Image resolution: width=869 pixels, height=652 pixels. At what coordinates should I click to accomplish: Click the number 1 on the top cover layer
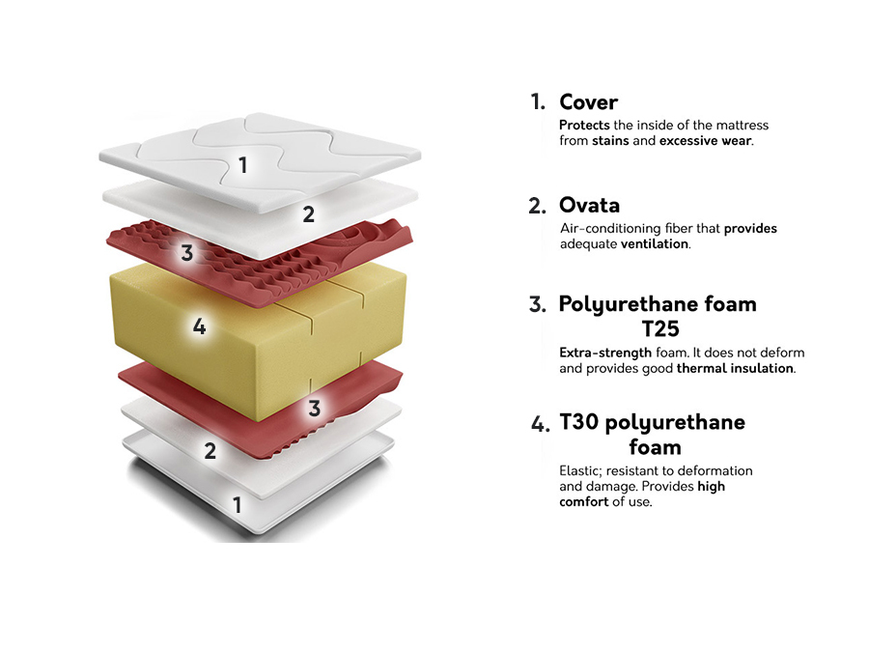pyautogui.click(x=243, y=165)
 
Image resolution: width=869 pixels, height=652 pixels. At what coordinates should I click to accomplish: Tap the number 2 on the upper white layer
pyautogui.click(x=308, y=214)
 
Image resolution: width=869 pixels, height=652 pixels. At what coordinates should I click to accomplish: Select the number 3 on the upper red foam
pyautogui.click(x=187, y=254)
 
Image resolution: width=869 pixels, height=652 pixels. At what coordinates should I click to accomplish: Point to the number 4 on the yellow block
pyautogui.click(x=199, y=326)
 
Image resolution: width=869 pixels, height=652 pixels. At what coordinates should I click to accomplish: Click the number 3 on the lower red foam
pyautogui.click(x=314, y=409)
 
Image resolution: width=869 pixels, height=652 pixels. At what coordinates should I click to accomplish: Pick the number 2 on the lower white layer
pyautogui.click(x=210, y=450)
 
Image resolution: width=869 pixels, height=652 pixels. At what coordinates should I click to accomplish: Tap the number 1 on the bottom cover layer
pyautogui.click(x=237, y=504)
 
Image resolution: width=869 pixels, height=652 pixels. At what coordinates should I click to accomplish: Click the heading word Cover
pyautogui.click(x=588, y=101)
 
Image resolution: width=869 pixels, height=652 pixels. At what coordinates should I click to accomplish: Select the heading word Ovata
pyautogui.click(x=589, y=205)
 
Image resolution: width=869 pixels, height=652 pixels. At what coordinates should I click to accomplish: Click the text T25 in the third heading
pyautogui.click(x=660, y=328)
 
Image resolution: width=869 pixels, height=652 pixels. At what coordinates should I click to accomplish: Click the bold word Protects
pyautogui.click(x=583, y=126)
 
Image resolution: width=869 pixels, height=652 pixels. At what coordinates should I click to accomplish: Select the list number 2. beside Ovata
pyautogui.click(x=537, y=206)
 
